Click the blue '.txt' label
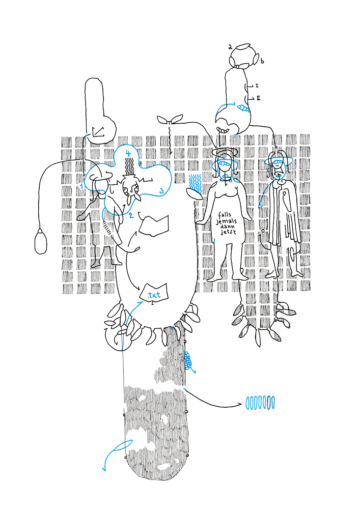point(154,295)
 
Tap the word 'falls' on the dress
point(225,215)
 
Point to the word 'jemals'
point(226,221)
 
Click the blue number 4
point(128,153)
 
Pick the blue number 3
point(161,191)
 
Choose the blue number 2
point(131,215)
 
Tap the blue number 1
point(81,186)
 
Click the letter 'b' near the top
point(262,61)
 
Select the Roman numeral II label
point(258,98)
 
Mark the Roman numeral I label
point(257,86)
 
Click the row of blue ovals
point(260,403)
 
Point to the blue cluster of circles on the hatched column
point(188,361)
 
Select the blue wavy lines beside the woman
point(195,182)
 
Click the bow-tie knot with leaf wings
point(170,120)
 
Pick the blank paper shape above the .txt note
point(154,225)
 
